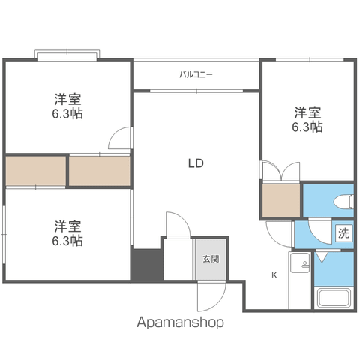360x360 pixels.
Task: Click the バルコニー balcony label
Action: pyautogui.click(x=196, y=74)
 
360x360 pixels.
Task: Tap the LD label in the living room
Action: pyautogui.click(x=196, y=163)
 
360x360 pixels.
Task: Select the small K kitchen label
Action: pyautogui.click(x=274, y=275)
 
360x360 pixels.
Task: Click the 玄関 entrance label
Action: pyautogui.click(x=211, y=259)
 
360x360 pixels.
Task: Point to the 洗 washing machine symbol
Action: pyautogui.click(x=344, y=233)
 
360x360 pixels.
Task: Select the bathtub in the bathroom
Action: pyautogui.click(x=334, y=298)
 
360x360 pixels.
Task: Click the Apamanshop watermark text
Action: pyautogui.click(x=180, y=322)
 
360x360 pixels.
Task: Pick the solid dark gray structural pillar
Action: pyautogui.click(x=147, y=265)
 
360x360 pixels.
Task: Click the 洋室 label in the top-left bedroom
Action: pyautogui.click(x=67, y=99)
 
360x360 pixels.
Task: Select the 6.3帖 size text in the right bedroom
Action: pyautogui.click(x=307, y=127)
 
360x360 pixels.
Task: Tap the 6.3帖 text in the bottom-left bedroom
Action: pyautogui.click(x=67, y=240)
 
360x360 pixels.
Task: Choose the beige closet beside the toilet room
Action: pyautogui.click(x=281, y=201)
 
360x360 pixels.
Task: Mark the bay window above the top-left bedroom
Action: pyautogui.click(x=67, y=55)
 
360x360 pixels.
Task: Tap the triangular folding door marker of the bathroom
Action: pyautogui.click(x=322, y=257)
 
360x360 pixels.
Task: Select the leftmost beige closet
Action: pyautogui.click(x=36, y=171)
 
